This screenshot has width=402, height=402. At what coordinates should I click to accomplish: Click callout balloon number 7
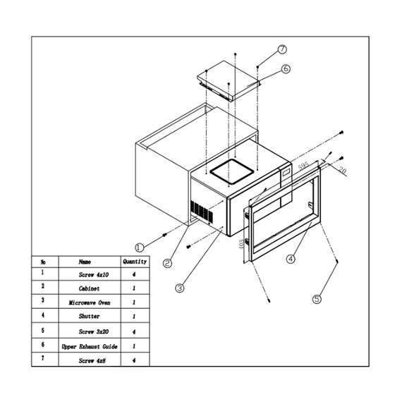coord(282,49)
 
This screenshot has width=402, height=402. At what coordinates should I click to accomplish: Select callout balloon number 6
coord(286,69)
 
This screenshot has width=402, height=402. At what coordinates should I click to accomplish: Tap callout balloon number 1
coord(139,247)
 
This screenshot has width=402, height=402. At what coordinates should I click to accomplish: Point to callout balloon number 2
coord(167,264)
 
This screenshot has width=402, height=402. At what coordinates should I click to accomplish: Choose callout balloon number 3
coord(180,287)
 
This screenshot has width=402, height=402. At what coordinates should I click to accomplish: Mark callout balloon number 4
coord(290,258)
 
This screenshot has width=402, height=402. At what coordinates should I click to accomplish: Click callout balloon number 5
coord(317,298)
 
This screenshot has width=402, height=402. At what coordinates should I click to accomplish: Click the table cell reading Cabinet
coord(89,288)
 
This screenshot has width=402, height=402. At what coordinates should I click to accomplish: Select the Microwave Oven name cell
coord(89,302)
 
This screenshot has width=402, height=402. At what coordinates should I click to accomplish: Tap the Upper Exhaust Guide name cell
coord(89,346)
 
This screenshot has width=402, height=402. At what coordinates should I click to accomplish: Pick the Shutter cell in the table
coord(89,317)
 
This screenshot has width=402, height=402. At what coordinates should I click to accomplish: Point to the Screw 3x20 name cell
coord(89,331)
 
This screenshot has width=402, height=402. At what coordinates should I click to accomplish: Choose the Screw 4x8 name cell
coord(89,360)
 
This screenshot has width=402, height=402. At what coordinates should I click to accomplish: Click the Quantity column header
coord(135,261)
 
